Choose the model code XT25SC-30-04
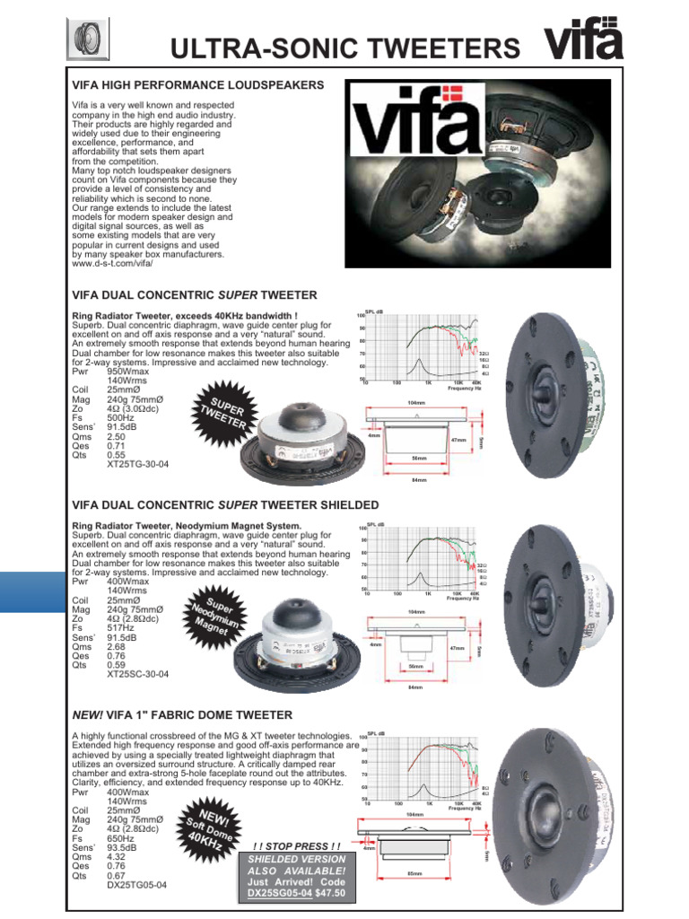tap(138, 673)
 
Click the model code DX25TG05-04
tap(136, 884)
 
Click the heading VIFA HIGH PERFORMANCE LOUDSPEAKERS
tap(197, 85)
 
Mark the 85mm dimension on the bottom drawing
tap(414, 873)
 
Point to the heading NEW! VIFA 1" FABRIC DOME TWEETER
tap(182, 714)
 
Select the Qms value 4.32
tap(118, 856)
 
